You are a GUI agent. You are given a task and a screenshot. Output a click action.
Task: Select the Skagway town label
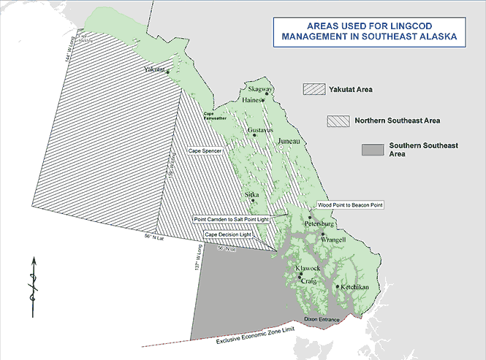click(x=259, y=90)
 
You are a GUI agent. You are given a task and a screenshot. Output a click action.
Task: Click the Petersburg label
click(x=319, y=223)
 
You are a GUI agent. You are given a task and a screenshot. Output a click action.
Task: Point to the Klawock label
click(x=308, y=269)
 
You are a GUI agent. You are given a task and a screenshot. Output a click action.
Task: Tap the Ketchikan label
click(x=353, y=288)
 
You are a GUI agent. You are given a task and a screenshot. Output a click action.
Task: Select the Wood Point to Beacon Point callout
click(x=350, y=206)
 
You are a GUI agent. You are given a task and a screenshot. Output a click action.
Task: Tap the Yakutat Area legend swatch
click(x=313, y=89)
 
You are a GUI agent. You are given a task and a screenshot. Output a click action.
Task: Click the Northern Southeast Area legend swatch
click(x=339, y=120)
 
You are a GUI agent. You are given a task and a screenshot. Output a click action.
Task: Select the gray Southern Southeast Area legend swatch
click(x=372, y=150)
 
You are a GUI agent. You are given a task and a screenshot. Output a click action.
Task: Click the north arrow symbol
click(x=33, y=286)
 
